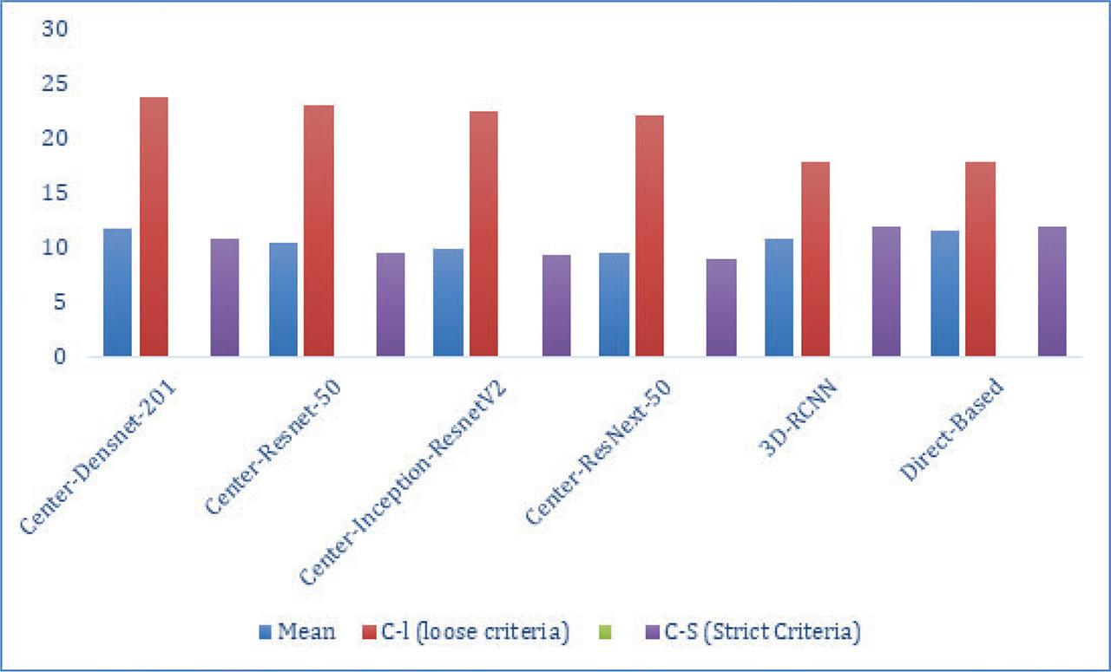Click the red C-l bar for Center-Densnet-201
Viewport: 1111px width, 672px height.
click(154, 226)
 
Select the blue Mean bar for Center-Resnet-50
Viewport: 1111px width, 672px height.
click(283, 299)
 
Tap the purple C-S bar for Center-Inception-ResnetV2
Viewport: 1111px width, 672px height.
click(556, 305)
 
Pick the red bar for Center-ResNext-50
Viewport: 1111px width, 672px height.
click(649, 235)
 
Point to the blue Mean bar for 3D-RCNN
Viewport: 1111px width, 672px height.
click(779, 297)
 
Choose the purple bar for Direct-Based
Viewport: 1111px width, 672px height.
click(1052, 291)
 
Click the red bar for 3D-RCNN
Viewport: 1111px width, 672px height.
click(815, 258)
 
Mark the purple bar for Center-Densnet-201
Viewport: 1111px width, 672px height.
click(225, 297)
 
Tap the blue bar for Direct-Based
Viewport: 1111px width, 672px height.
click(944, 293)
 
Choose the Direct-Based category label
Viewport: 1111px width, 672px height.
click(951, 428)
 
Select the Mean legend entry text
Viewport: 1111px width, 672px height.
click(306, 632)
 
